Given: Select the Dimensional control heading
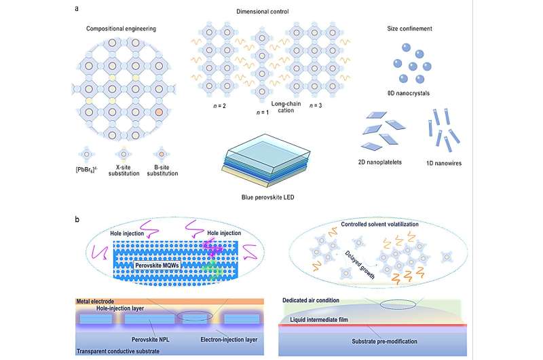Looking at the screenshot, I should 272,11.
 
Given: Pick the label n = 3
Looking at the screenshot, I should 316,106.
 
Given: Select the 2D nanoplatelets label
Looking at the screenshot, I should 386,163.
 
